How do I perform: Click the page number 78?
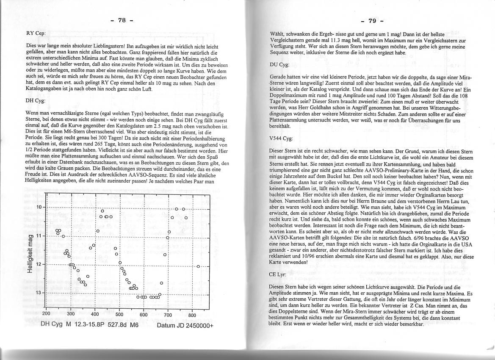[122, 20]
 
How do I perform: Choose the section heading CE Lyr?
[278, 274]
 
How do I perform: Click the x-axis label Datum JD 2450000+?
[185, 326]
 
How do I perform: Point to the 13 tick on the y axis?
[40, 293]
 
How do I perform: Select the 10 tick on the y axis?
[40, 207]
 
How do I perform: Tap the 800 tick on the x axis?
[192, 315]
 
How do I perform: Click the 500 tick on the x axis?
[119, 315]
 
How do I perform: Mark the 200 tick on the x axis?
[47, 315]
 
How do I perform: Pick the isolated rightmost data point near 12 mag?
[198, 266]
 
